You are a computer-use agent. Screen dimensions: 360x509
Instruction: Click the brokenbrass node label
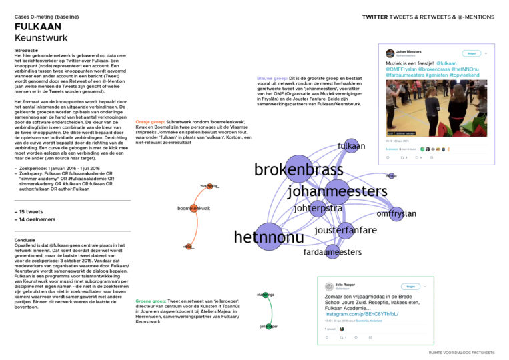(x=298, y=169)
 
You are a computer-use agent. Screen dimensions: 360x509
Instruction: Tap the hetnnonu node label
(x=269, y=237)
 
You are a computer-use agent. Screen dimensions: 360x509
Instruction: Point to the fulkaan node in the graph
(x=350, y=145)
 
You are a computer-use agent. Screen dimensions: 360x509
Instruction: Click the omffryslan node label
(x=396, y=213)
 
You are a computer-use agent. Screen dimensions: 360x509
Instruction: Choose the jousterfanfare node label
(x=345, y=230)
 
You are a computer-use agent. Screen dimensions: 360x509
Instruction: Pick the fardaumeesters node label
(x=332, y=252)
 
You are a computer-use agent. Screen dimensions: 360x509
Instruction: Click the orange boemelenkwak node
(x=194, y=209)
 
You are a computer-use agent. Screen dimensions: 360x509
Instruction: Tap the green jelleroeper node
(x=270, y=326)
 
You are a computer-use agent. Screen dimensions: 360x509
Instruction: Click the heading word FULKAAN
(x=39, y=26)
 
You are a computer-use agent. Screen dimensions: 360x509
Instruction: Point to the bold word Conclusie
(x=27, y=240)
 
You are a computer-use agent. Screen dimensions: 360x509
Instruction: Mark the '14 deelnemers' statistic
(x=36, y=219)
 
